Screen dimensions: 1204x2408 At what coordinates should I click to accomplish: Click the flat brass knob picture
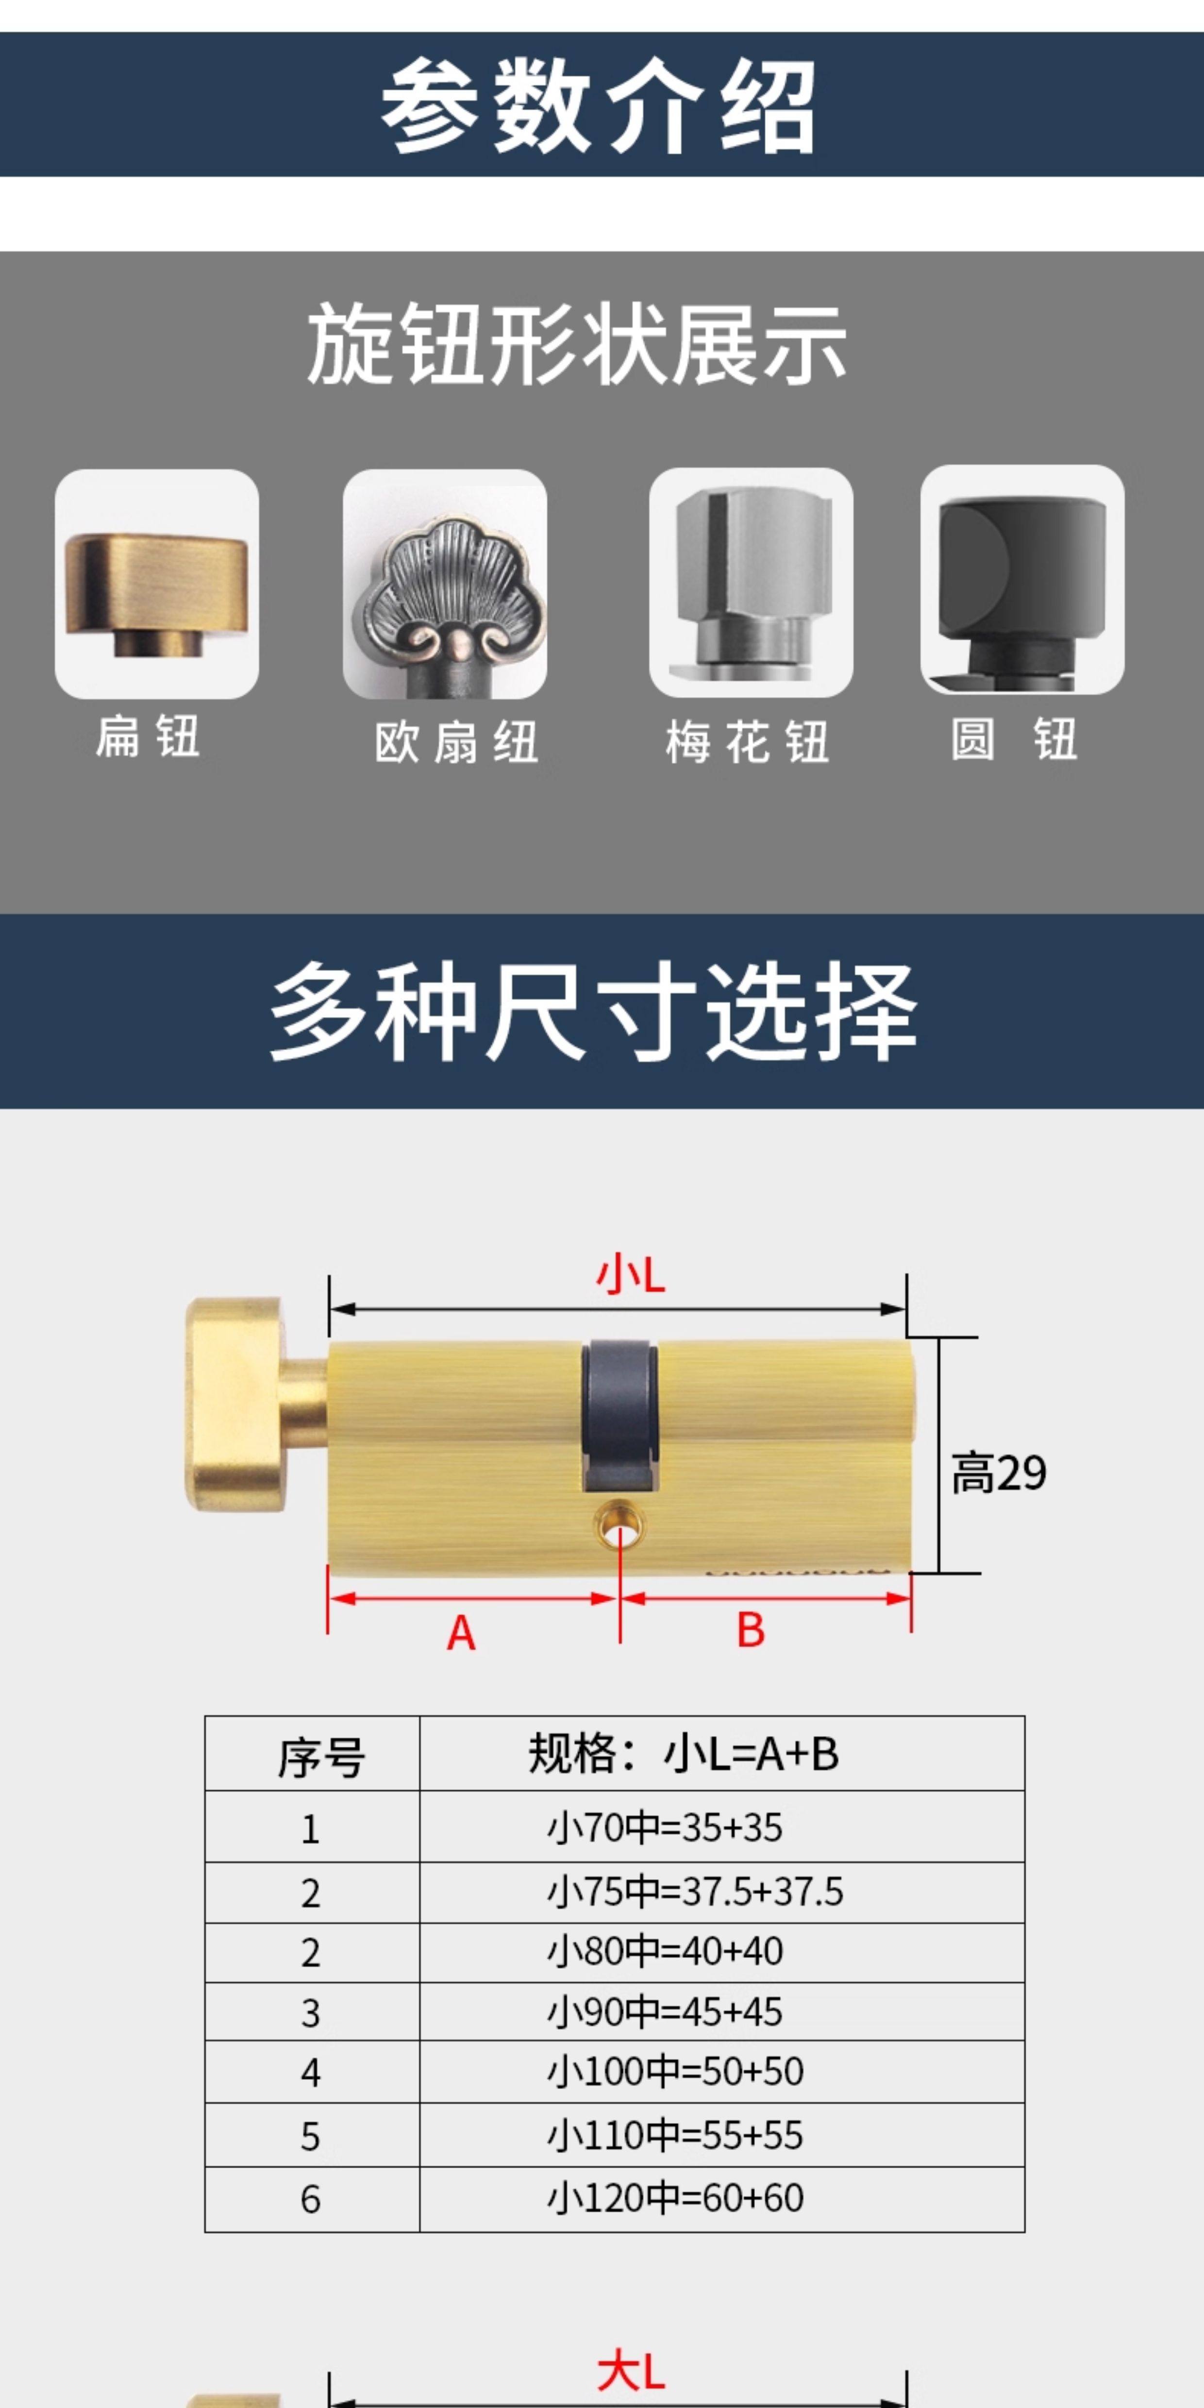coord(157,584)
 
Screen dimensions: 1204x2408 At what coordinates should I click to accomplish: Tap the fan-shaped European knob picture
coord(445,584)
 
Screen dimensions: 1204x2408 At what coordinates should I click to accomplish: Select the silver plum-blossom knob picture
coord(751,583)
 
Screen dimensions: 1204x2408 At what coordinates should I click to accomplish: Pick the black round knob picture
coord(1022,580)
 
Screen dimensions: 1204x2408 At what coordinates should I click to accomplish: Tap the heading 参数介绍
coord(598,106)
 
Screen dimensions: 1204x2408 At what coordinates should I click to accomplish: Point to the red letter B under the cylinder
coord(751,1629)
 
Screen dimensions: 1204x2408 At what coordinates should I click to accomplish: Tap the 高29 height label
coord(998,1473)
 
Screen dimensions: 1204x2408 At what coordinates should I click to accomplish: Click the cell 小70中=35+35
coord(665,1826)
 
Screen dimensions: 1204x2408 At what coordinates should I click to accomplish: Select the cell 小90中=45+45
coord(665,2012)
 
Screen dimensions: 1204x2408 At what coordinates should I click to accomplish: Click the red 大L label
coord(631,2373)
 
